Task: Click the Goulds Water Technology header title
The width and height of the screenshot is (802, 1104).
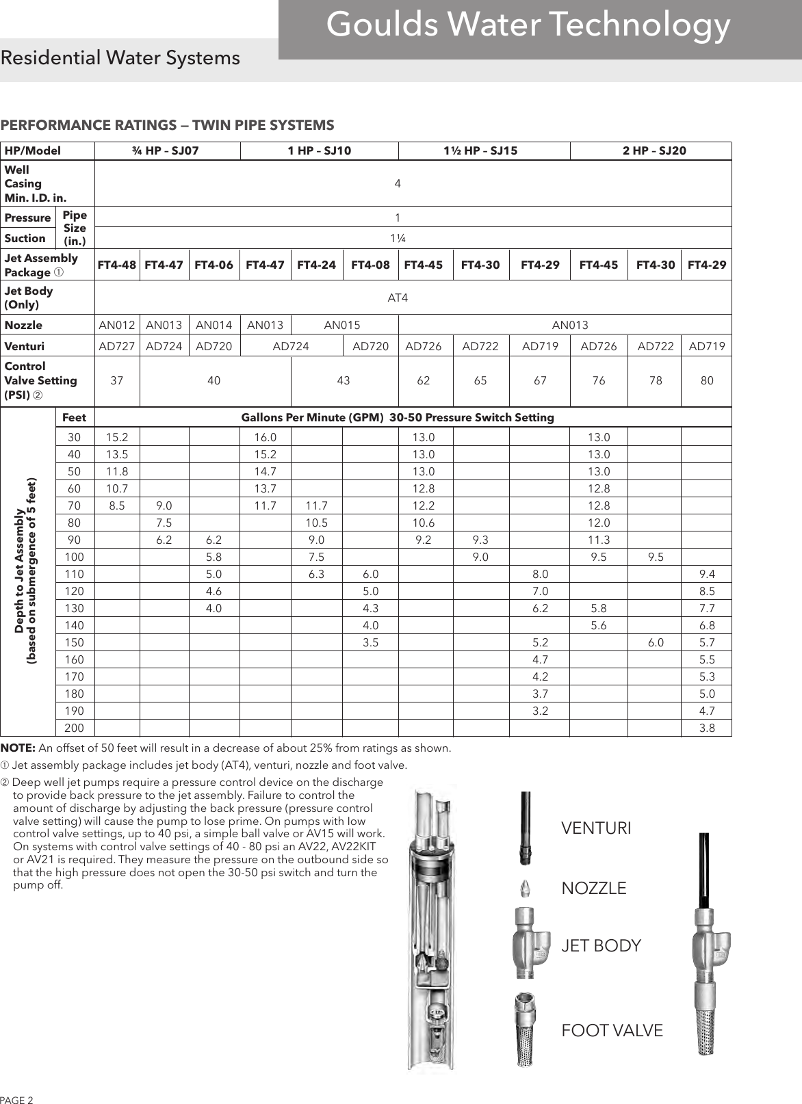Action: click(528, 25)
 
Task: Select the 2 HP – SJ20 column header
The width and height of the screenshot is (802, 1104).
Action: click(654, 150)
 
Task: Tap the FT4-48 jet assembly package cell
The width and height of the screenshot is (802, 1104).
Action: click(117, 265)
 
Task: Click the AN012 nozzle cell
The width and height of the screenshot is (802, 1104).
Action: click(117, 325)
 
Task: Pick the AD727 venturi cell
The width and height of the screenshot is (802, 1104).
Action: click(117, 347)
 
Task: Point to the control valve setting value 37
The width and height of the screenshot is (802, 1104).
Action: click(117, 380)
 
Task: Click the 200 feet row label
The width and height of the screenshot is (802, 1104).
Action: click(74, 728)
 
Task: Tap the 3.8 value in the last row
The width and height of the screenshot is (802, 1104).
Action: click(707, 728)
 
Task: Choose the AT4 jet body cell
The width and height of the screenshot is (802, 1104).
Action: click(398, 298)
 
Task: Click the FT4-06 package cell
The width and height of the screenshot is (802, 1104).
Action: click(214, 265)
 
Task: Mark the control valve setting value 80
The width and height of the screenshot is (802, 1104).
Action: click(707, 380)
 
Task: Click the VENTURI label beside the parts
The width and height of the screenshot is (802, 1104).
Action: click(596, 828)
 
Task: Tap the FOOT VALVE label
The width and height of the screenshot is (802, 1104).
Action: click(612, 1030)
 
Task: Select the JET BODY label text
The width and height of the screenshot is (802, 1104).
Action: click(601, 946)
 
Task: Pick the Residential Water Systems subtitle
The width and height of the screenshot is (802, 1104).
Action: click(120, 58)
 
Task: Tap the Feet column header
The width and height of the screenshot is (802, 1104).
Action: click(74, 417)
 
